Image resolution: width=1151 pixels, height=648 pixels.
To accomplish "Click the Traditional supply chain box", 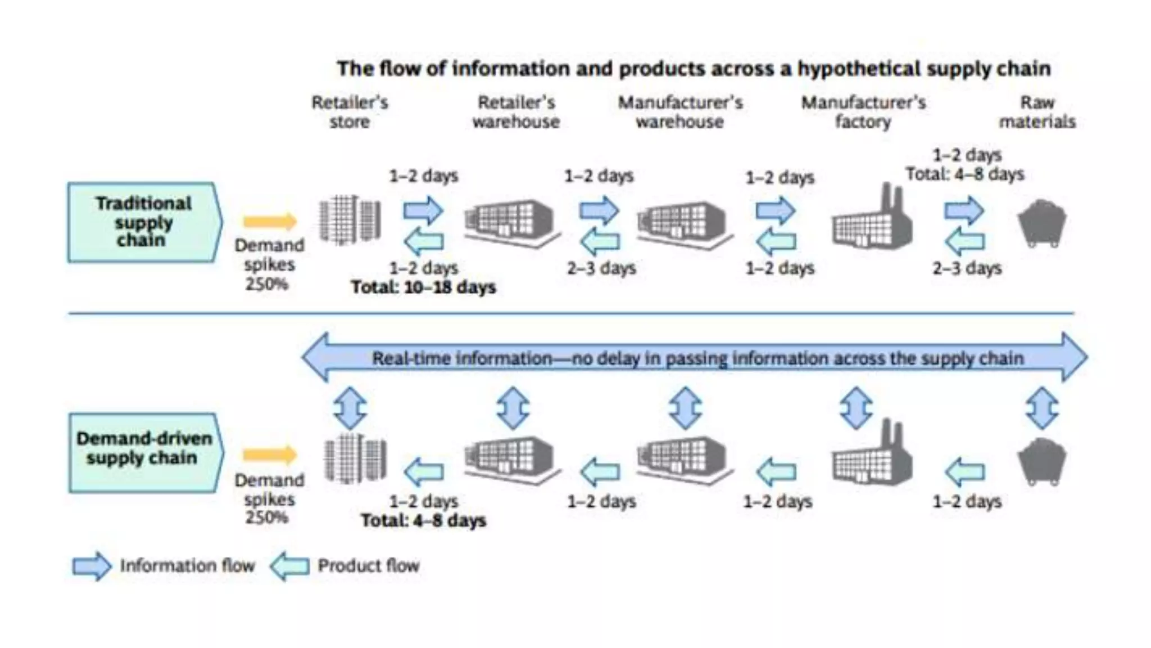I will (143, 222).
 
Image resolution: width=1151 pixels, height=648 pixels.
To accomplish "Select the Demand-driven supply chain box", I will (144, 452).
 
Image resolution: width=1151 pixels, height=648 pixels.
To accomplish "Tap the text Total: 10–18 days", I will (423, 287).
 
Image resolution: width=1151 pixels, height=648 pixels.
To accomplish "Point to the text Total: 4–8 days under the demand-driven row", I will (423, 520).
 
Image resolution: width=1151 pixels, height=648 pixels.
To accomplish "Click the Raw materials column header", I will (1037, 112).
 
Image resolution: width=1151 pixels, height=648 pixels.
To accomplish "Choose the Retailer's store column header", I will (350, 112).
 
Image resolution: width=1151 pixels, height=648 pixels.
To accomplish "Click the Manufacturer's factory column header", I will (863, 112).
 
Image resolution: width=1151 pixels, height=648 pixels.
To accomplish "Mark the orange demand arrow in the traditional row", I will (270, 221).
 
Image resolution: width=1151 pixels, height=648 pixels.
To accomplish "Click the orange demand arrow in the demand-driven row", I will (270, 454).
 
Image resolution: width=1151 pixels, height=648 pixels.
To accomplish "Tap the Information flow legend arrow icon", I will (92, 566).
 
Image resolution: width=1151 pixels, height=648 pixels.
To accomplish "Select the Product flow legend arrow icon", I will (290, 566).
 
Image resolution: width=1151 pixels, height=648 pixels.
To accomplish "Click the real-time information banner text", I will (697, 358).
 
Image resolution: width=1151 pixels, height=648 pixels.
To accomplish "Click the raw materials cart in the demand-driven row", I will (1042, 461).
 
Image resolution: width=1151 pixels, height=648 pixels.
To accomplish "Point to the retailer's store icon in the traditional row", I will (350, 220).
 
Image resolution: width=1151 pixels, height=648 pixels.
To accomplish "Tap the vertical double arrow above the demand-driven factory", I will (856, 408).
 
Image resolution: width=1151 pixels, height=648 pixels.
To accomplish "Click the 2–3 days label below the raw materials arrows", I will (967, 268).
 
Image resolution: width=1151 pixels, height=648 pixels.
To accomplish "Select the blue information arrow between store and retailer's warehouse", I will (423, 210).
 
